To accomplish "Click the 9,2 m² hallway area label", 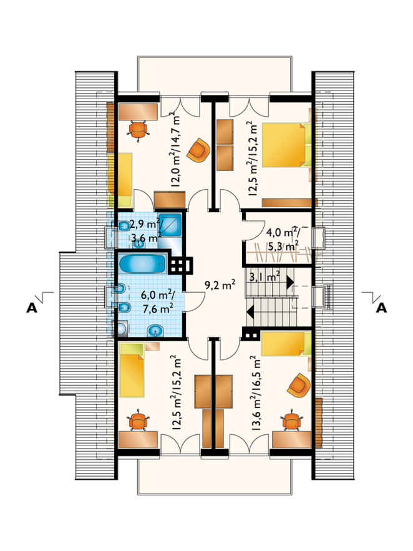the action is coord(220,285).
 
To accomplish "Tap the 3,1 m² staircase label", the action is coord(265,276).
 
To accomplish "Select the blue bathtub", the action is coord(142,264).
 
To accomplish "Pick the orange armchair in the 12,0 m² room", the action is coord(198,150).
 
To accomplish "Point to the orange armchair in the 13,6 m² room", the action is coord(299,386).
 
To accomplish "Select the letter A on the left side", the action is coord(32,308).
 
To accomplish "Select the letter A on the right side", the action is coord(381,308).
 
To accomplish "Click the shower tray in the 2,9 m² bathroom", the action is coord(170,225).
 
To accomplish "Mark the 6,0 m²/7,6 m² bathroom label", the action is coord(157,301).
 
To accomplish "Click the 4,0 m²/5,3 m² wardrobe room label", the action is coord(283,238).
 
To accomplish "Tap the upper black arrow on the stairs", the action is coord(290,282).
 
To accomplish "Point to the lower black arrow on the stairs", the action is coord(250,311).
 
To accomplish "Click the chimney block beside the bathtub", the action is coord(180,265).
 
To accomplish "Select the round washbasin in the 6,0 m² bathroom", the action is coord(155,330).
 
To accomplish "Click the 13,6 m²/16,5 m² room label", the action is coord(256,393).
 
